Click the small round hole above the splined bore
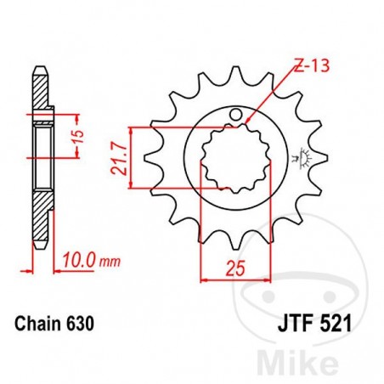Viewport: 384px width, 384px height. click(x=240, y=116)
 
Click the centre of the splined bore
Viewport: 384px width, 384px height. click(x=229, y=157)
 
